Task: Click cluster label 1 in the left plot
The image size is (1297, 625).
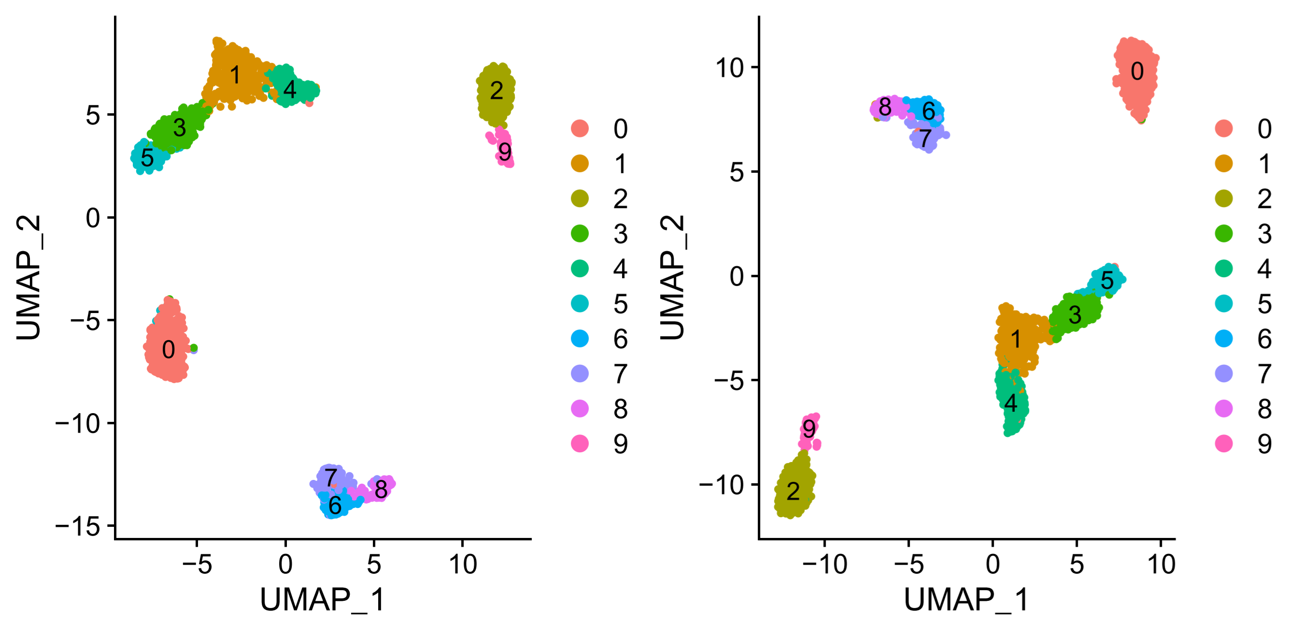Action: point(235,75)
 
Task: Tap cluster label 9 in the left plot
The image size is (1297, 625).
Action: point(504,152)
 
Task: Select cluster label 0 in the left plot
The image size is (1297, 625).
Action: point(169,350)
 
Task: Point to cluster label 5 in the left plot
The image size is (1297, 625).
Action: point(147,158)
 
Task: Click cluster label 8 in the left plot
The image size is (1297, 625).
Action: point(381,490)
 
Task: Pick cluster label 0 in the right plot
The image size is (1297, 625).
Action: point(1137,72)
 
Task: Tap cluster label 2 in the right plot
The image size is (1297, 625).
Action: point(793,491)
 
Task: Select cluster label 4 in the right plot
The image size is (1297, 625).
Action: point(1011,403)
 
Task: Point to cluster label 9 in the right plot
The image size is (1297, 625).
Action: point(809,429)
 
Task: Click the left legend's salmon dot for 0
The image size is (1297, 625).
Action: point(580,129)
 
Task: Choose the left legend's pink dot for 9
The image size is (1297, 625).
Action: point(580,444)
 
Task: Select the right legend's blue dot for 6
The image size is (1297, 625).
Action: point(1224,339)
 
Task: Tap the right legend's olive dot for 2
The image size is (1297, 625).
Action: point(1224,199)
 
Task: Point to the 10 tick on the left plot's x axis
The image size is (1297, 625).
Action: point(463,565)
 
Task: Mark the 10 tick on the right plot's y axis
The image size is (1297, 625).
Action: point(729,68)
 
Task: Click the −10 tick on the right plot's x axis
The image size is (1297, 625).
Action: point(824,565)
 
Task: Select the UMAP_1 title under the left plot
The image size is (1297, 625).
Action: point(323,600)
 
